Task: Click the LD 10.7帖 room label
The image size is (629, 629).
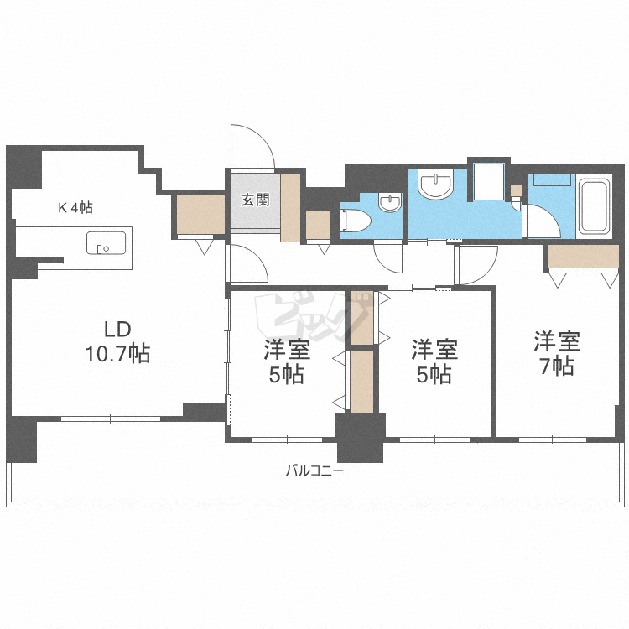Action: click(x=117, y=342)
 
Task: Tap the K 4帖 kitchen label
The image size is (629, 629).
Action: click(x=75, y=207)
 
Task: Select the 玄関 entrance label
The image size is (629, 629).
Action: click(x=256, y=200)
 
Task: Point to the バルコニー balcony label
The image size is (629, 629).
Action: click(x=314, y=470)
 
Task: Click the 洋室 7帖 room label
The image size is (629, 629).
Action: click(x=557, y=353)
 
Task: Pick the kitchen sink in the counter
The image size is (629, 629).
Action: click(x=106, y=242)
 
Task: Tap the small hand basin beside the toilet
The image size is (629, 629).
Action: click(x=390, y=203)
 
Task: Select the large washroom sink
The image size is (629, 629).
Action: click(x=435, y=185)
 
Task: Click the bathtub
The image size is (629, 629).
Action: click(x=594, y=206)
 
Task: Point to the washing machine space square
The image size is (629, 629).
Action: click(x=489, y=181)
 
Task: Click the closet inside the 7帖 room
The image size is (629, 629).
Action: click(x=583, y=256)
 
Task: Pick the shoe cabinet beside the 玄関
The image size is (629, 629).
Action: click(x=290, y=207)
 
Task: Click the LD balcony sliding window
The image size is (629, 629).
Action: click(x=111, y=418)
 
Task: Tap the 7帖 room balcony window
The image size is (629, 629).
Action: click(x=553, y=439)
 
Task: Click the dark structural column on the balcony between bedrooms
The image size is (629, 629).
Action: click(x=361, y=438)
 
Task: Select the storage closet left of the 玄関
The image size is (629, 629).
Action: click(x=200, y=214)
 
